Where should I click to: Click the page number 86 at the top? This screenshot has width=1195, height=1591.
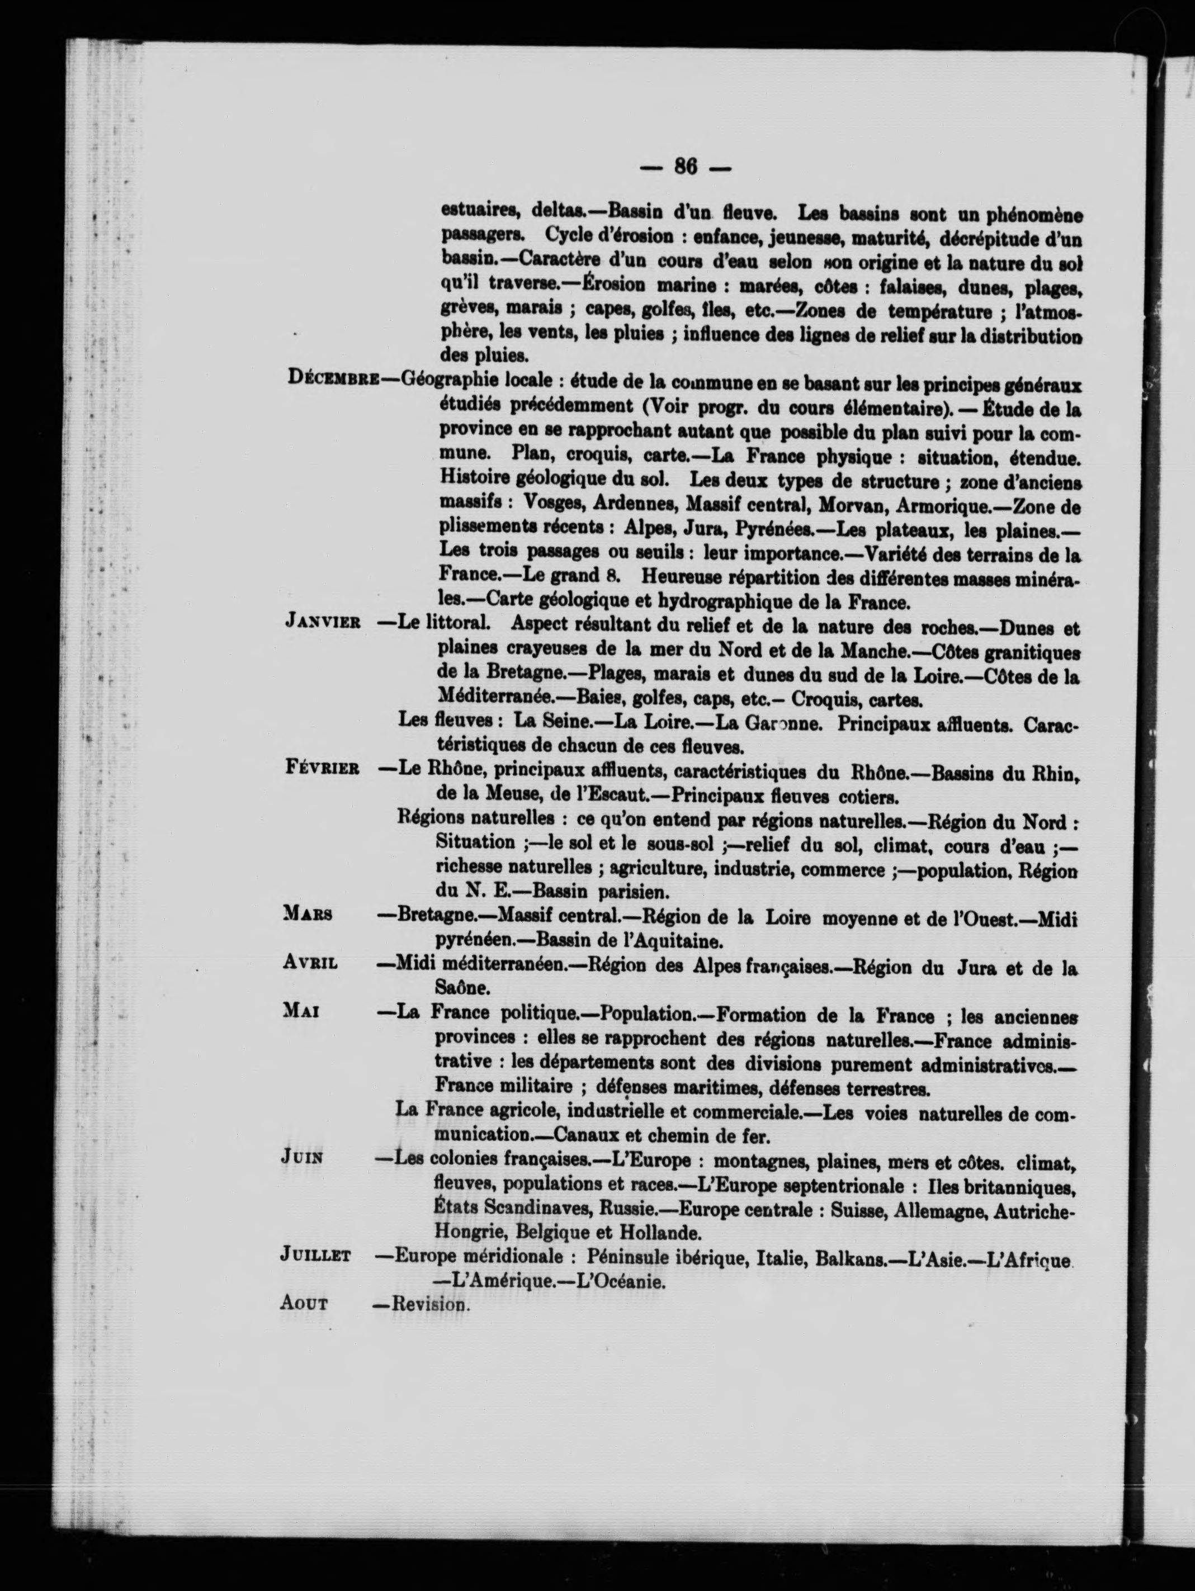click(x=685, y=167)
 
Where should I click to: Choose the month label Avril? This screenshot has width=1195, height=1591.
click(x=310, y=964)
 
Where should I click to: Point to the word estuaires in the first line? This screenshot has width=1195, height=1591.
click(x=480, y=213)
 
